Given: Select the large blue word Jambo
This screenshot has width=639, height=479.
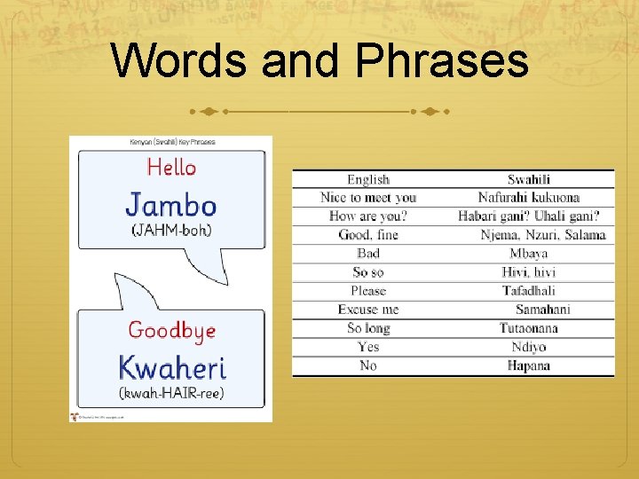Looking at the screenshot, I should click(171, 205).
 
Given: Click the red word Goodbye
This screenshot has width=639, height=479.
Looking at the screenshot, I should click(171, 331).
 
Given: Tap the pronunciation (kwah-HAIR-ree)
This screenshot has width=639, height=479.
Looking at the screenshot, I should click(171, 392).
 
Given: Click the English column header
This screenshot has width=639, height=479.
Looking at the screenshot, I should click(368, 179).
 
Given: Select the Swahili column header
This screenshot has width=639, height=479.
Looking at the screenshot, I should click(529, 179).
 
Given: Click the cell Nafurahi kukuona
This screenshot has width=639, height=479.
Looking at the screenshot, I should click(529, 198).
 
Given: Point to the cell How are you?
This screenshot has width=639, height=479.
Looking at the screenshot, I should click(367, 216).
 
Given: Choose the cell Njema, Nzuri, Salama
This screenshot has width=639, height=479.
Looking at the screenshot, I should click(543, 235).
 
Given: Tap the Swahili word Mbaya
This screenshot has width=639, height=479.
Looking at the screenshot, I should click(529, 254).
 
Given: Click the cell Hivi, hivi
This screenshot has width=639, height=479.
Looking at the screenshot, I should click(529, 272).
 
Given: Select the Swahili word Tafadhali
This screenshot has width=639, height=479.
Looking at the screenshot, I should click(529, 291).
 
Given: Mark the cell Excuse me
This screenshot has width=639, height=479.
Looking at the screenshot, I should click(368, 310).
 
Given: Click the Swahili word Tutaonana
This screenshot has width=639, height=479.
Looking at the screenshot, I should click(529, 328).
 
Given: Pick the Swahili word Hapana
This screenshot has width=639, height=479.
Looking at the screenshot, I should click(529, 365).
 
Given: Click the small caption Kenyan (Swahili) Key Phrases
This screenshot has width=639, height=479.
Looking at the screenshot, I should click(172, 142).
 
